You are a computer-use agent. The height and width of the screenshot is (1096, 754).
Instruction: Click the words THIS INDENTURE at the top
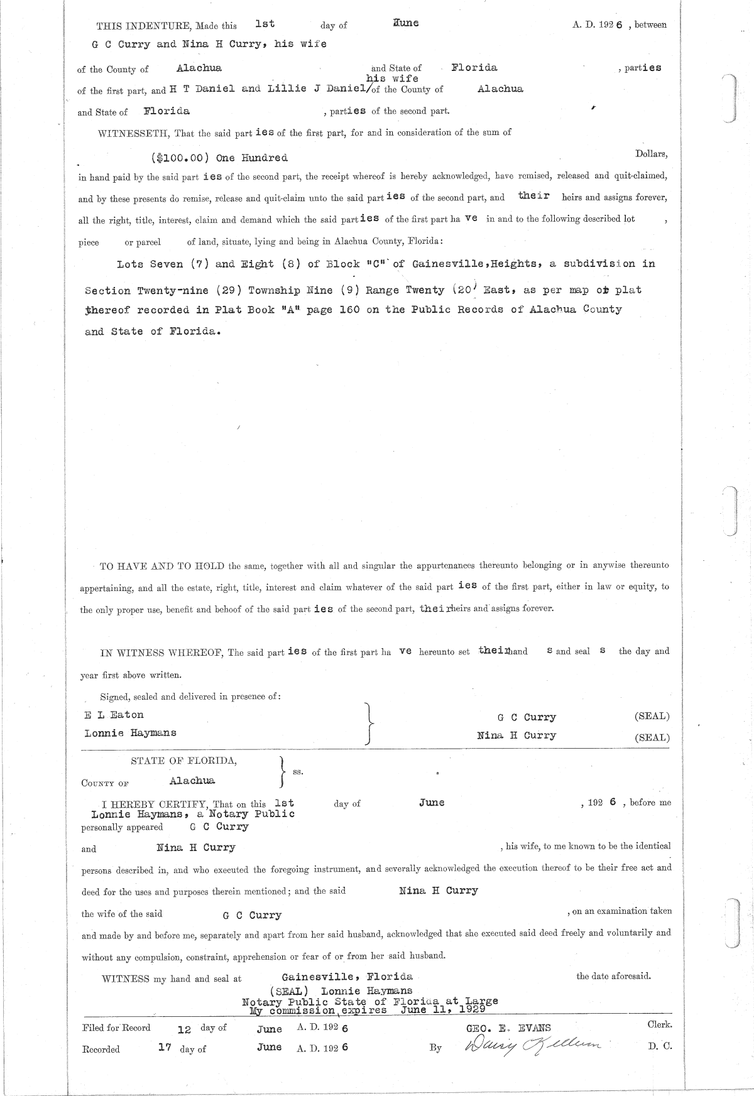tap(134, 26)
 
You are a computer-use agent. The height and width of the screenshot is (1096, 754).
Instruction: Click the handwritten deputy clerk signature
tap(533, 1044)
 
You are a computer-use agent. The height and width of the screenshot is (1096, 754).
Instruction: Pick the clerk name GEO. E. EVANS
tap(508, 1028)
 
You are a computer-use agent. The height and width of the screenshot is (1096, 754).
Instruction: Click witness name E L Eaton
tap(114, 715)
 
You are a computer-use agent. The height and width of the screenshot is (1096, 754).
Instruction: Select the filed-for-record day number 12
tap(184, 1029)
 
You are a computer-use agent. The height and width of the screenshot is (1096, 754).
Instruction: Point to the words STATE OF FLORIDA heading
tap(183, 761)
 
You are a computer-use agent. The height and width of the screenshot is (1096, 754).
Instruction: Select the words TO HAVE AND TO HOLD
tap(163, 566)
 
